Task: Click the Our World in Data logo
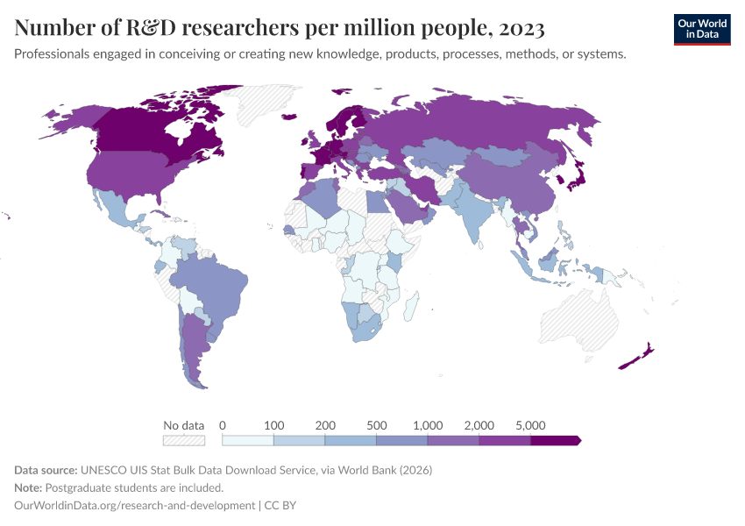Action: tap(701, 29)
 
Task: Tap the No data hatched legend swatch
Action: tap(184, 440)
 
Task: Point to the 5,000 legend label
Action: tap(530, 425)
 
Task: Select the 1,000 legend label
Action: tap(428, 425)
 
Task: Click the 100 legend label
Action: tap(273, 425)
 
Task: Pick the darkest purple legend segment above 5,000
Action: tap(555, 440)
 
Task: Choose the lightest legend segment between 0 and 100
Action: tap(248, 440)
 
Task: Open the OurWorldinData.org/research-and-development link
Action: tap(135, 506)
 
